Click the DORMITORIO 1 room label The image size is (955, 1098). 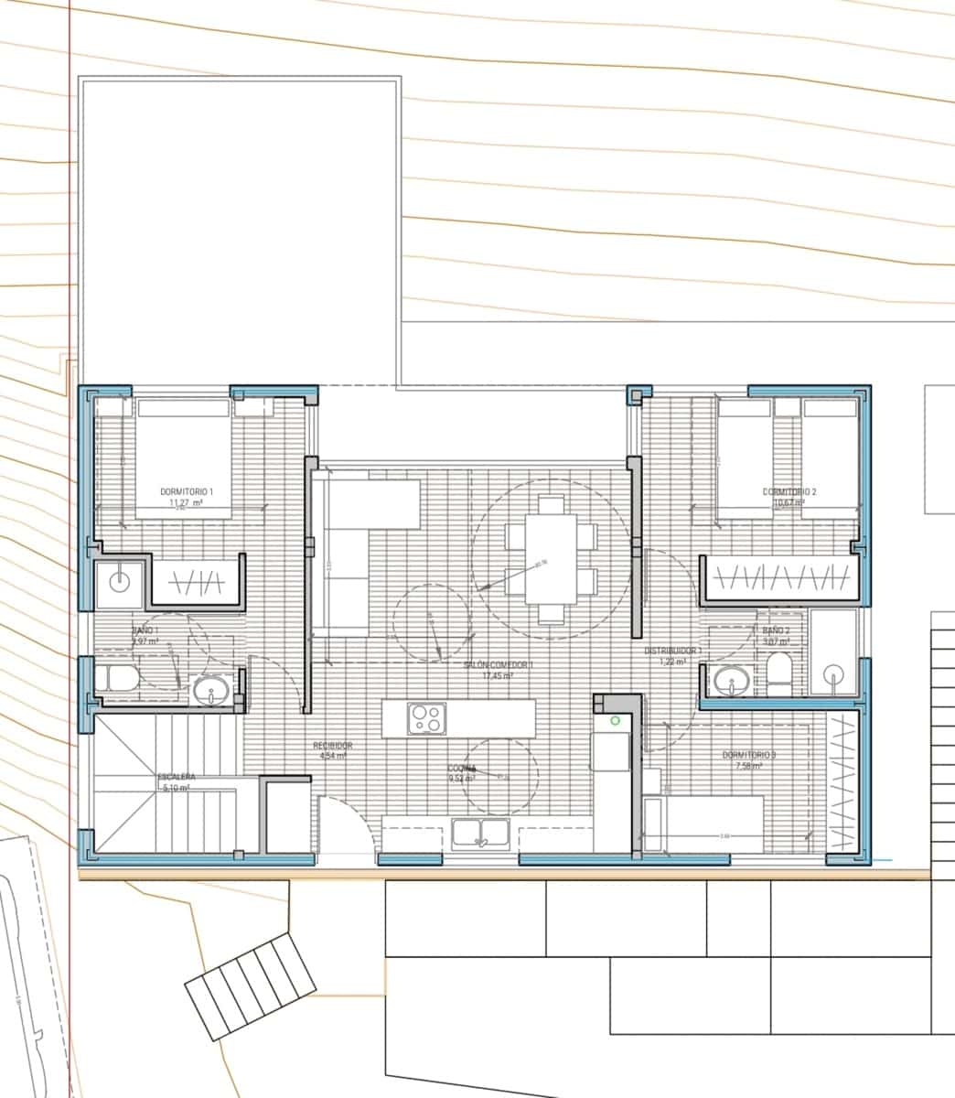coord(186,492)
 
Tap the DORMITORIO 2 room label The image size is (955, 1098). coord(789,492)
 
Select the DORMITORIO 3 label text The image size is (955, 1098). coord(749,755)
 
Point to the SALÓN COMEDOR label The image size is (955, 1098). coord(498,664)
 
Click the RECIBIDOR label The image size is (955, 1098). coord(332,746)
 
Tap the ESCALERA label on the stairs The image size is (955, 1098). coord(176,778)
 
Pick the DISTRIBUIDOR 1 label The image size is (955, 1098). coord(672,651)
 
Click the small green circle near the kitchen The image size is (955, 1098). coord(616,721)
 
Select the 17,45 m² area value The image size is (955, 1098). coord(499,675)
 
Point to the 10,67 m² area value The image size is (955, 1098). coord(789,502)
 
